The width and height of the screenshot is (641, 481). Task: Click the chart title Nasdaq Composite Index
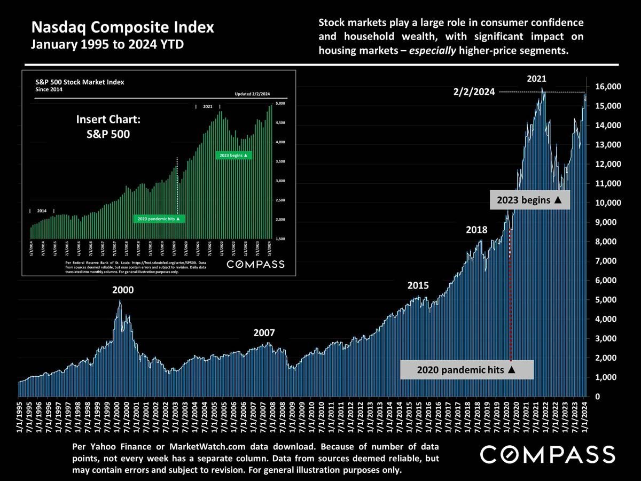[122, 27]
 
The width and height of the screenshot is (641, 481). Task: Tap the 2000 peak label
[123, 291]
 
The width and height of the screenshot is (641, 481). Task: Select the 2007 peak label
[264, 333]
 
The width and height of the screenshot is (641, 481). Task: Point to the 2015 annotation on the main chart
[418, 285]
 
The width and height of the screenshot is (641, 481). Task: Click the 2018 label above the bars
[476, 230]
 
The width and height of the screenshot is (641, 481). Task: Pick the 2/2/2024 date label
[474, 92]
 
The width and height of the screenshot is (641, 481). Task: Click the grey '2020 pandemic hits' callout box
[467, 369]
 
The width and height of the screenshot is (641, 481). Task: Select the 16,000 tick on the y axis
[607, 87]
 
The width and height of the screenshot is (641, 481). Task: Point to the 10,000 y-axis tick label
[607, 203]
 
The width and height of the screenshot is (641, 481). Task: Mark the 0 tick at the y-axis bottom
[599, 397]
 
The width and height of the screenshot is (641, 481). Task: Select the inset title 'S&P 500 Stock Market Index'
[80, 82]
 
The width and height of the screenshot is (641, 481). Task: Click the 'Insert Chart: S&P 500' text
[108, 126]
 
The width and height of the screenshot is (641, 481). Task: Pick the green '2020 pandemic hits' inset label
[159, 219]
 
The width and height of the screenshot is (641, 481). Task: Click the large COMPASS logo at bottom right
[547, 455]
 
